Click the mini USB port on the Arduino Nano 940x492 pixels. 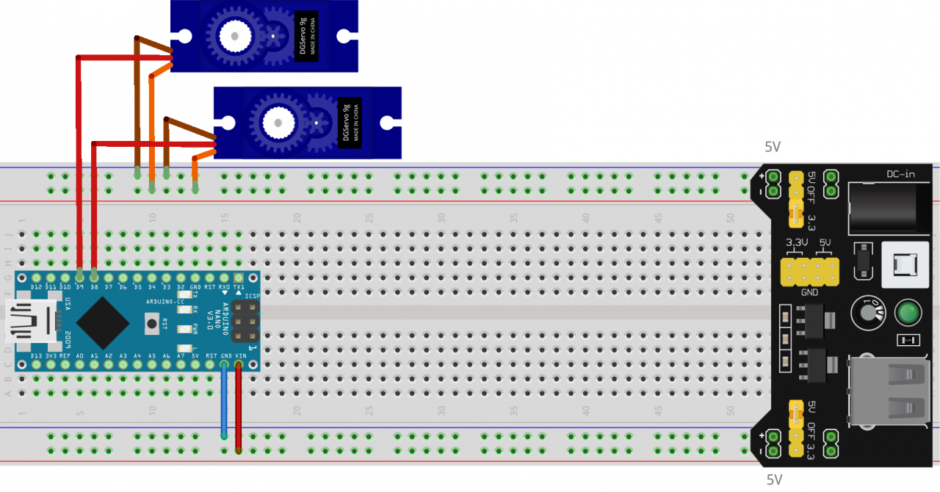coord(28,321)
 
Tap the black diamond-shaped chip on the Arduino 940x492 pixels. coord(104,322)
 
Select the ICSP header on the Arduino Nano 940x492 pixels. coord(245,322)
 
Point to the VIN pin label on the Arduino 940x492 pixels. coord(239,355)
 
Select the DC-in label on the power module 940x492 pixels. coord(900,174)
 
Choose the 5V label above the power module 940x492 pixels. coord(773,147)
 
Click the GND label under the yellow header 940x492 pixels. coord(810,292)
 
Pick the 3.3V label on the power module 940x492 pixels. coord(797,242)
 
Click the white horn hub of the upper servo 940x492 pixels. coord(235,35)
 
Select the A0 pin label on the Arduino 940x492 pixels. coord(79,355)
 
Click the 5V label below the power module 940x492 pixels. coord(775,480)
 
